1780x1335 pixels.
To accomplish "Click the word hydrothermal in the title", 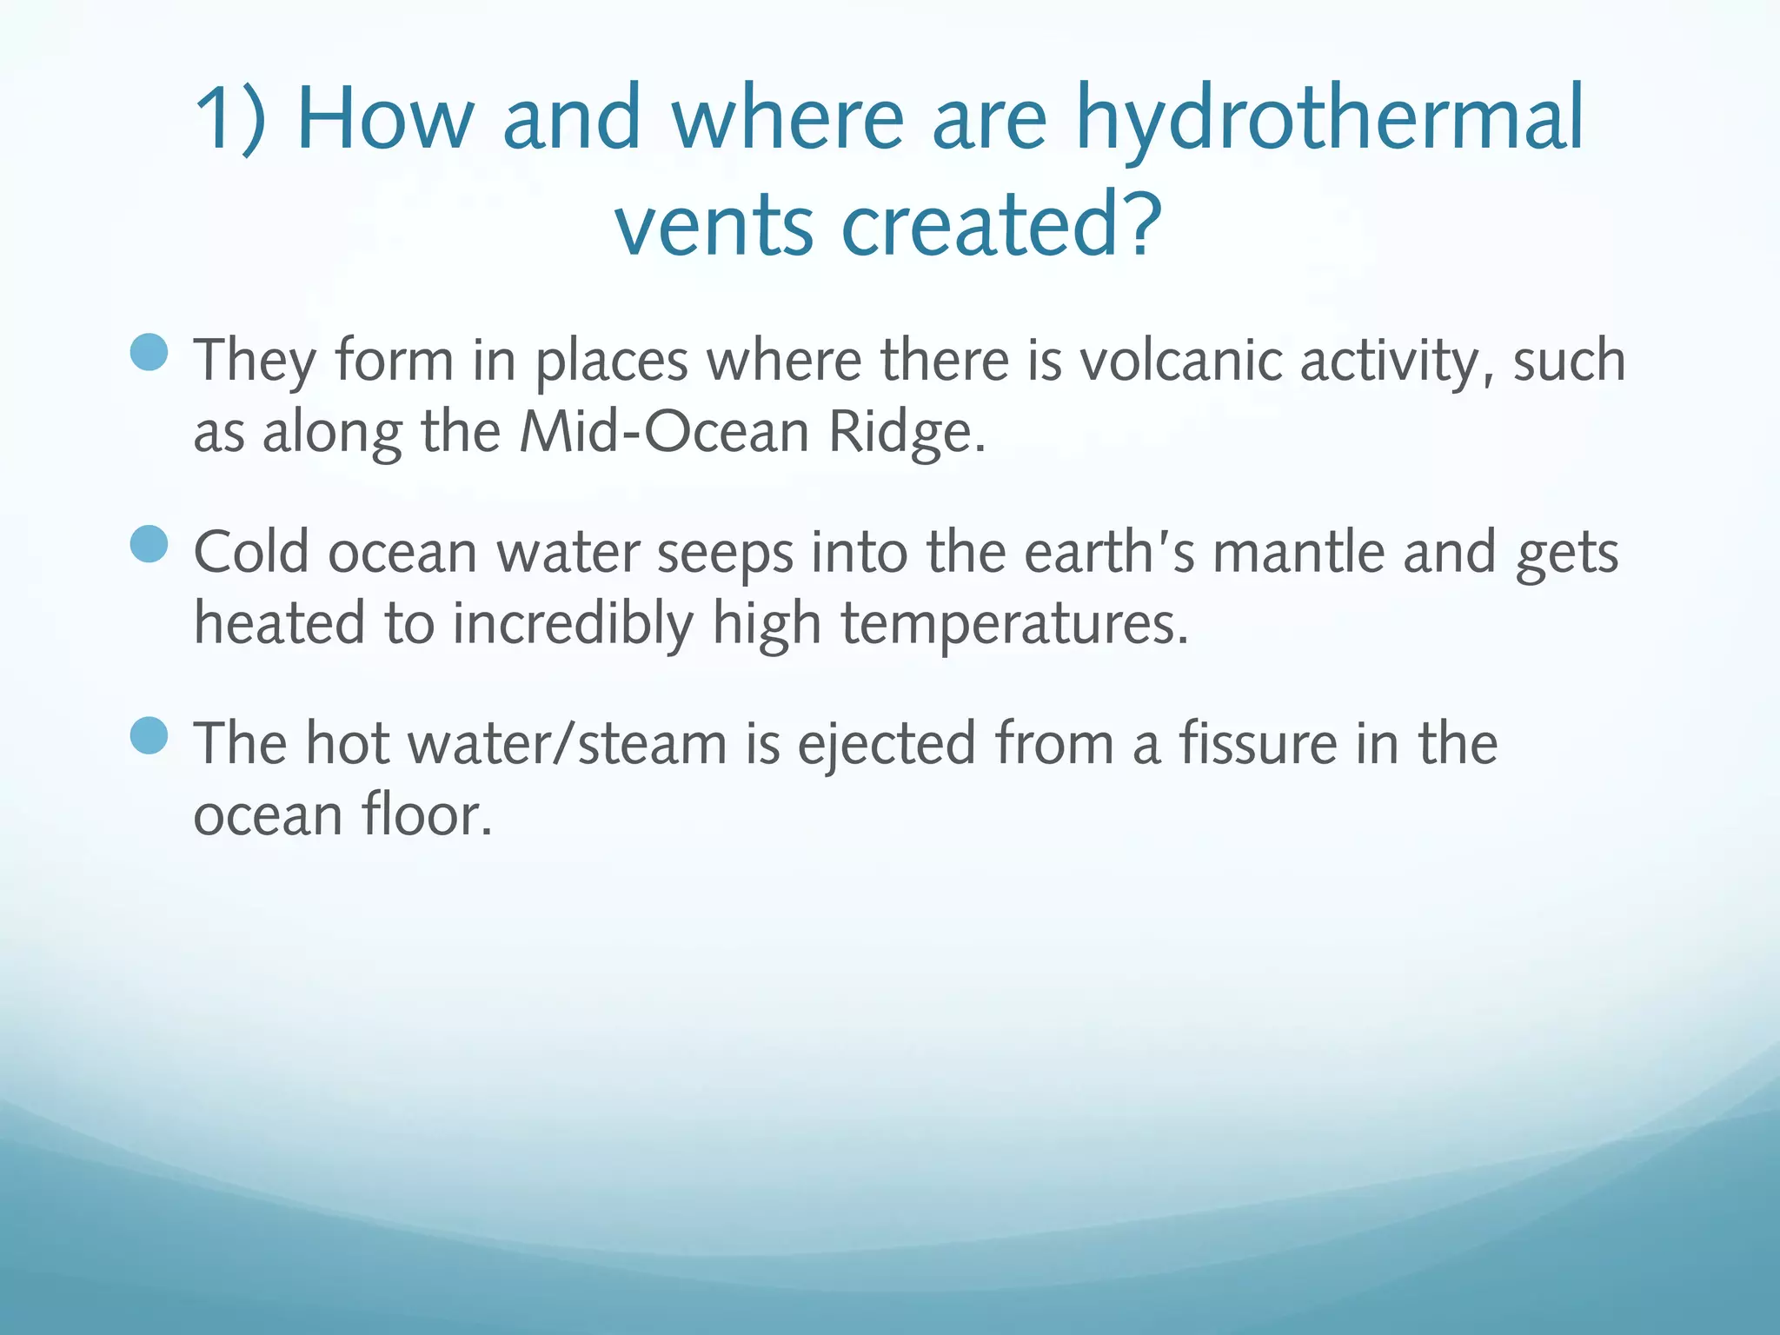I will click(x=1330, y=120).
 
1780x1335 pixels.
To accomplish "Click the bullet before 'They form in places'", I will click(x=149, y=352).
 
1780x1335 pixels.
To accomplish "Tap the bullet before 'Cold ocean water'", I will click(x=149, y=544).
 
